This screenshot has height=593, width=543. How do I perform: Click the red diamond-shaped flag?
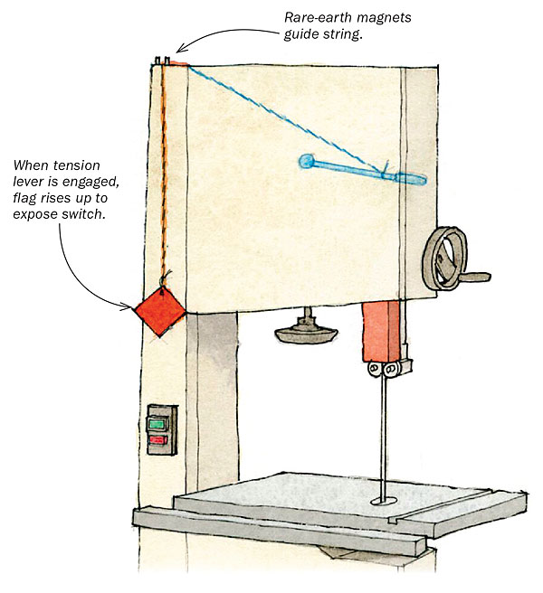pyautogui.click(x=159, y=309)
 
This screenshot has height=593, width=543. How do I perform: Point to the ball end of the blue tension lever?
pyautogui.click(x=306, y=162)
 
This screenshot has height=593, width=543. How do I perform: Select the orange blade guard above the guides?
pyautogui.click(x=379, y=331)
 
